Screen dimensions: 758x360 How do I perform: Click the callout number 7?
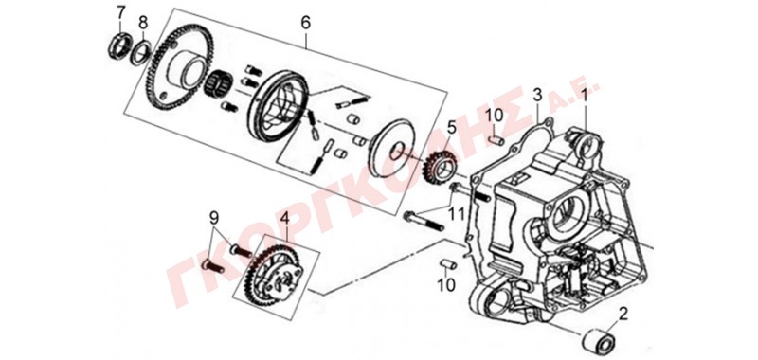[121, 12]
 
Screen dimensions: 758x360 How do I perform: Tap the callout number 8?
[143, 22]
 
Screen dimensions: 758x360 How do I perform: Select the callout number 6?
[305, 23]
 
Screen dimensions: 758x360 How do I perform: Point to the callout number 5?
[452, 128]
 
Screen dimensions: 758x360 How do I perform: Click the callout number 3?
[537, 95]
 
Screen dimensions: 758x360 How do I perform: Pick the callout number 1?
[584, 97]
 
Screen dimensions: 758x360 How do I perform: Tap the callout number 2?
[623, 315]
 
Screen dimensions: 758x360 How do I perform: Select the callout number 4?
[285, 219]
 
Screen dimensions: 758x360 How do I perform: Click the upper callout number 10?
[495, 116]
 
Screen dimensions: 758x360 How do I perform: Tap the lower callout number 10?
[446, 285]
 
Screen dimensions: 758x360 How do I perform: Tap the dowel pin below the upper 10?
[496, 139]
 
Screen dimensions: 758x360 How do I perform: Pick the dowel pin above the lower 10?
[448, 264]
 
